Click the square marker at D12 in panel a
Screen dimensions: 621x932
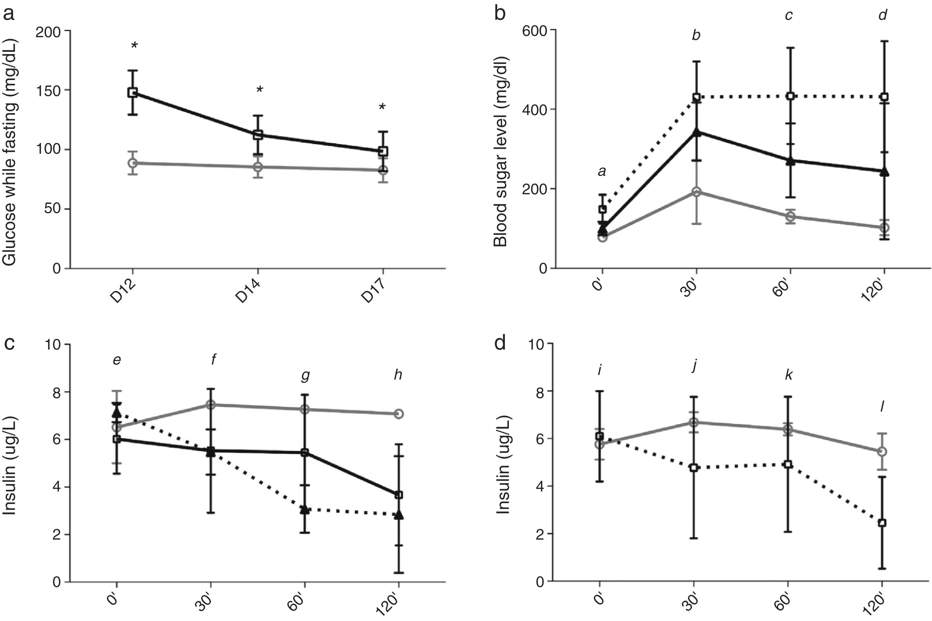(132, 93)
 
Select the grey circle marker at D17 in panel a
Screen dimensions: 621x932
(383, 170)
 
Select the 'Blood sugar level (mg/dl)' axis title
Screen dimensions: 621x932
(501, 152)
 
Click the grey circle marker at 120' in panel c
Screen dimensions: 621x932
(399, 414)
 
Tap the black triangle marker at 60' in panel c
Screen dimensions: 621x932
(305, 509)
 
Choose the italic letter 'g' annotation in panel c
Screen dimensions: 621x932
(305, 376)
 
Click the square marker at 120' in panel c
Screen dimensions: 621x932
(399, 495)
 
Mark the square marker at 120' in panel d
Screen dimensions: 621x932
(882, 523)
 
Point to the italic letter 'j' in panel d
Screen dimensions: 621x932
(694, 366)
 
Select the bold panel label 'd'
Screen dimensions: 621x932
(501, 343)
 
